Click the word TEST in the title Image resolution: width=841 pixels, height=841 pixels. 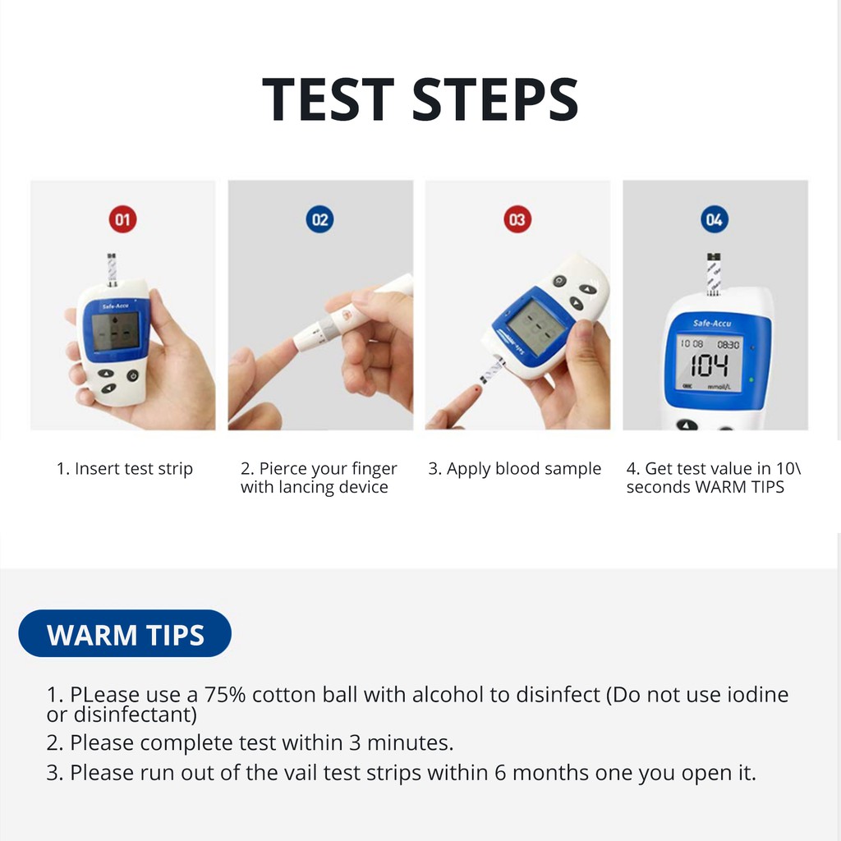(x=328, y=99)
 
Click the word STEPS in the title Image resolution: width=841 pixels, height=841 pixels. (x=495, y=99)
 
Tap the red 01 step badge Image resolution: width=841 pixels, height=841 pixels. (x=123, y=219)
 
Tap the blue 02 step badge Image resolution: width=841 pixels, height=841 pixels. (x=319, y=219)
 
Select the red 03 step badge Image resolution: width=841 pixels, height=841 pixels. (x=517, y=219)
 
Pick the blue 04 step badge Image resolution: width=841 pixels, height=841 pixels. (x=715, y=219)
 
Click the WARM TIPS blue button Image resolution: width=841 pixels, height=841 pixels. (x=125, y=633)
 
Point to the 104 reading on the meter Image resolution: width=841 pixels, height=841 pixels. (x=709, y=366)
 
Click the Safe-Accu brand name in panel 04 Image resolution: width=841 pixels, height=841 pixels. (x=712, y=324)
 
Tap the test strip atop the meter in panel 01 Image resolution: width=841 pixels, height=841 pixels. (x=112, y=269)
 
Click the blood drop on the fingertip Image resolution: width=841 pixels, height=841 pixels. (x=477, y=388)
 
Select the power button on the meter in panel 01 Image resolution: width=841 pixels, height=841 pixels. (x=133, y=375)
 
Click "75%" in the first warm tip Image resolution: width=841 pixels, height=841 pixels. (x=224, y=695)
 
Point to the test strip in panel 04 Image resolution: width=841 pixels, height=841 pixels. (x=714, y=274)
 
